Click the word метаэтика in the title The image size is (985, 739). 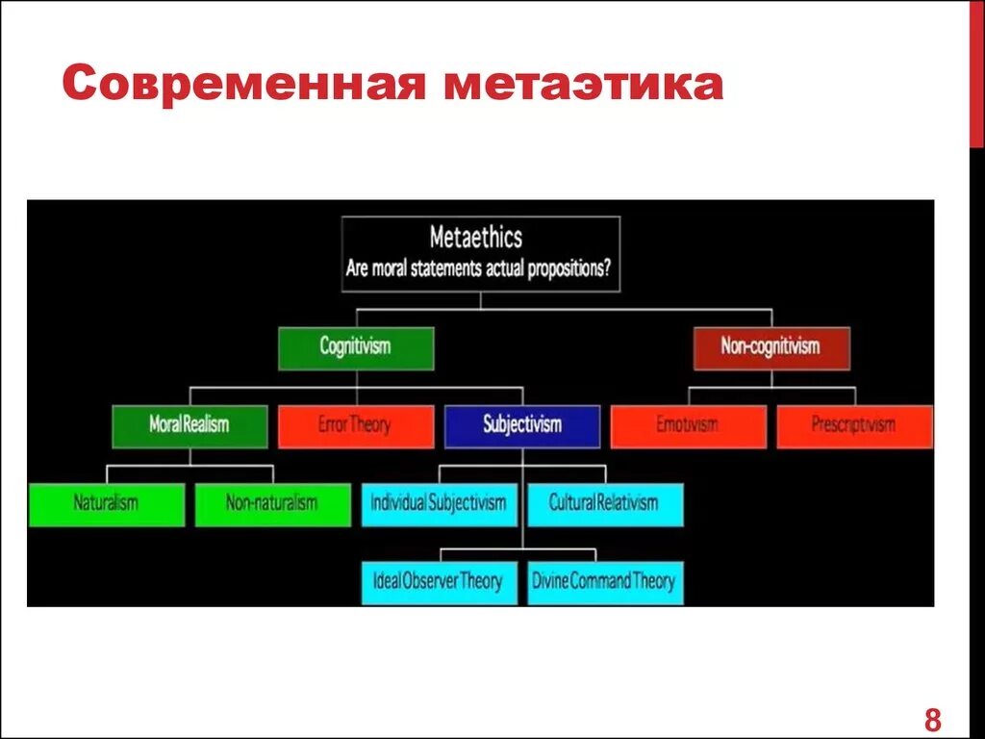point(583,85)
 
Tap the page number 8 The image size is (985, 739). point(932,719)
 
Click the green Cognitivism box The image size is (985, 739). point(356,348)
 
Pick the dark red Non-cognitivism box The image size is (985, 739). point(771,348)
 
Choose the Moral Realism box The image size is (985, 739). point(189,426)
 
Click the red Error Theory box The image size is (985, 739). point(356,426)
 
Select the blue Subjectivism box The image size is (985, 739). point(522,426)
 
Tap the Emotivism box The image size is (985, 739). point(688,426)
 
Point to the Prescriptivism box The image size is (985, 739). point(854,426)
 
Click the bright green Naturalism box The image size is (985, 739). point(107,504)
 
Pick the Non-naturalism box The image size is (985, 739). point(272,504)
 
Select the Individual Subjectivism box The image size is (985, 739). point(440,504)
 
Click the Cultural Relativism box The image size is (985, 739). point(605,504)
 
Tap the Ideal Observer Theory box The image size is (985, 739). point(440,582)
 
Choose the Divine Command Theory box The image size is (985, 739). point(605,582)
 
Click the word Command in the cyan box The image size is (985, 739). point(604,582)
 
